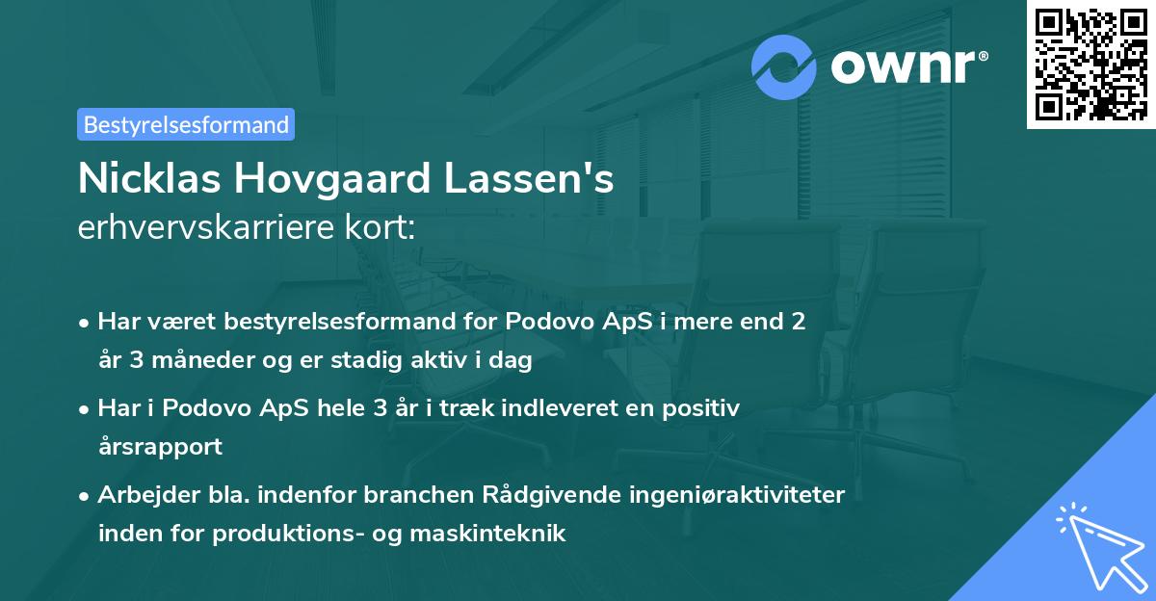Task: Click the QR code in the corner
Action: [x=1090, y=64]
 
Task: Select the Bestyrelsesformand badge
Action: [x=186, y=124]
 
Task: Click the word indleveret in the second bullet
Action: [x=536, y=408]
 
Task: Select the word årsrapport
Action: [x=159, y=447]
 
